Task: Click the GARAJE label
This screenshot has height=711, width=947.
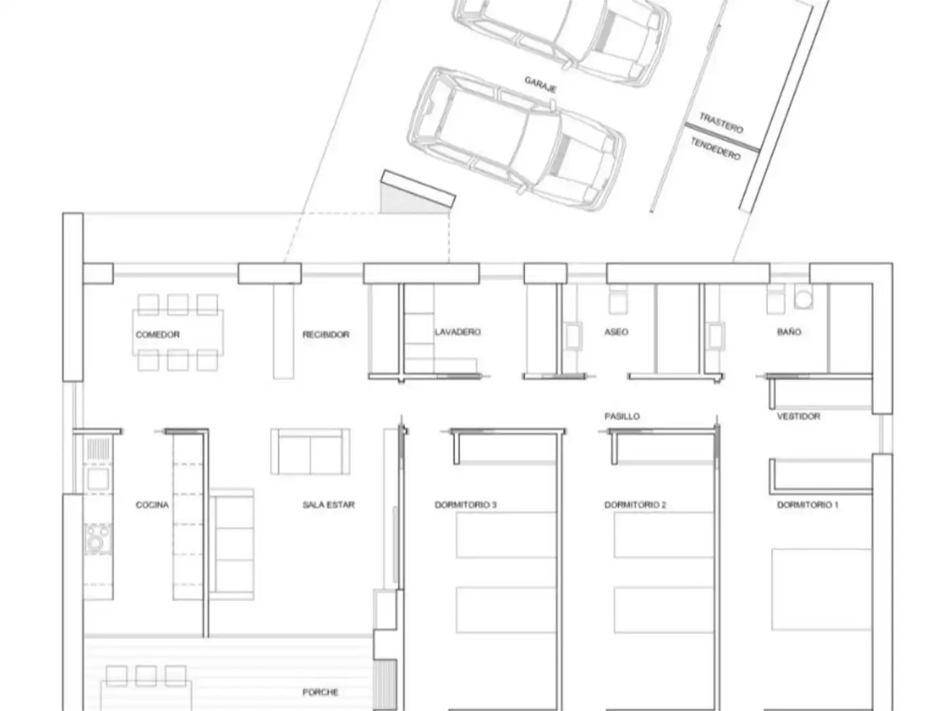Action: coord(540,85)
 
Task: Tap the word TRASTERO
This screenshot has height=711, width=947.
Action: coord(721,123)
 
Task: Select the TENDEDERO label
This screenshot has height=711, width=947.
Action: coord(716,149)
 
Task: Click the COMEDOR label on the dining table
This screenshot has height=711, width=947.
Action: coord(157,334)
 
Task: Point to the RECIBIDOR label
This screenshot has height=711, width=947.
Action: coord(326,334)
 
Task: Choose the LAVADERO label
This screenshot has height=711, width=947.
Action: coord(457,332)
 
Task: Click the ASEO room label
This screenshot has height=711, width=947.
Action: coord(616,332)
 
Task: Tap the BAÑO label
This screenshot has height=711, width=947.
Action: coord(789,332)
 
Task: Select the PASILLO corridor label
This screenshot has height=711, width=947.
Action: coord(621,416)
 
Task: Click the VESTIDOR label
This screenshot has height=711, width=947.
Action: coord(798,416)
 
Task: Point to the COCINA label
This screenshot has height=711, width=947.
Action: coord(152,505)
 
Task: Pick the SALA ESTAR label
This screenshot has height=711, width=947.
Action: coord(328,505)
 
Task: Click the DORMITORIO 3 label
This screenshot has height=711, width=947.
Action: coord(466,505)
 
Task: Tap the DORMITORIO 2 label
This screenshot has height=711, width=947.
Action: coord(635,505)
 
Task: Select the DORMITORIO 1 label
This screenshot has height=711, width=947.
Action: coord(808,505)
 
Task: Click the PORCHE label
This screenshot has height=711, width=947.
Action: coord(320,692)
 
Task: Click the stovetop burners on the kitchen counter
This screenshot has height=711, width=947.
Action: coord(99,539)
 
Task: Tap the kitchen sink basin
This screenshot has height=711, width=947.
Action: coord(99,479)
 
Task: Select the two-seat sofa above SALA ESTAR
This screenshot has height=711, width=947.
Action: coord(310,452)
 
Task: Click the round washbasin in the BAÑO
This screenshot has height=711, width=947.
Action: coord(804,299)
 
